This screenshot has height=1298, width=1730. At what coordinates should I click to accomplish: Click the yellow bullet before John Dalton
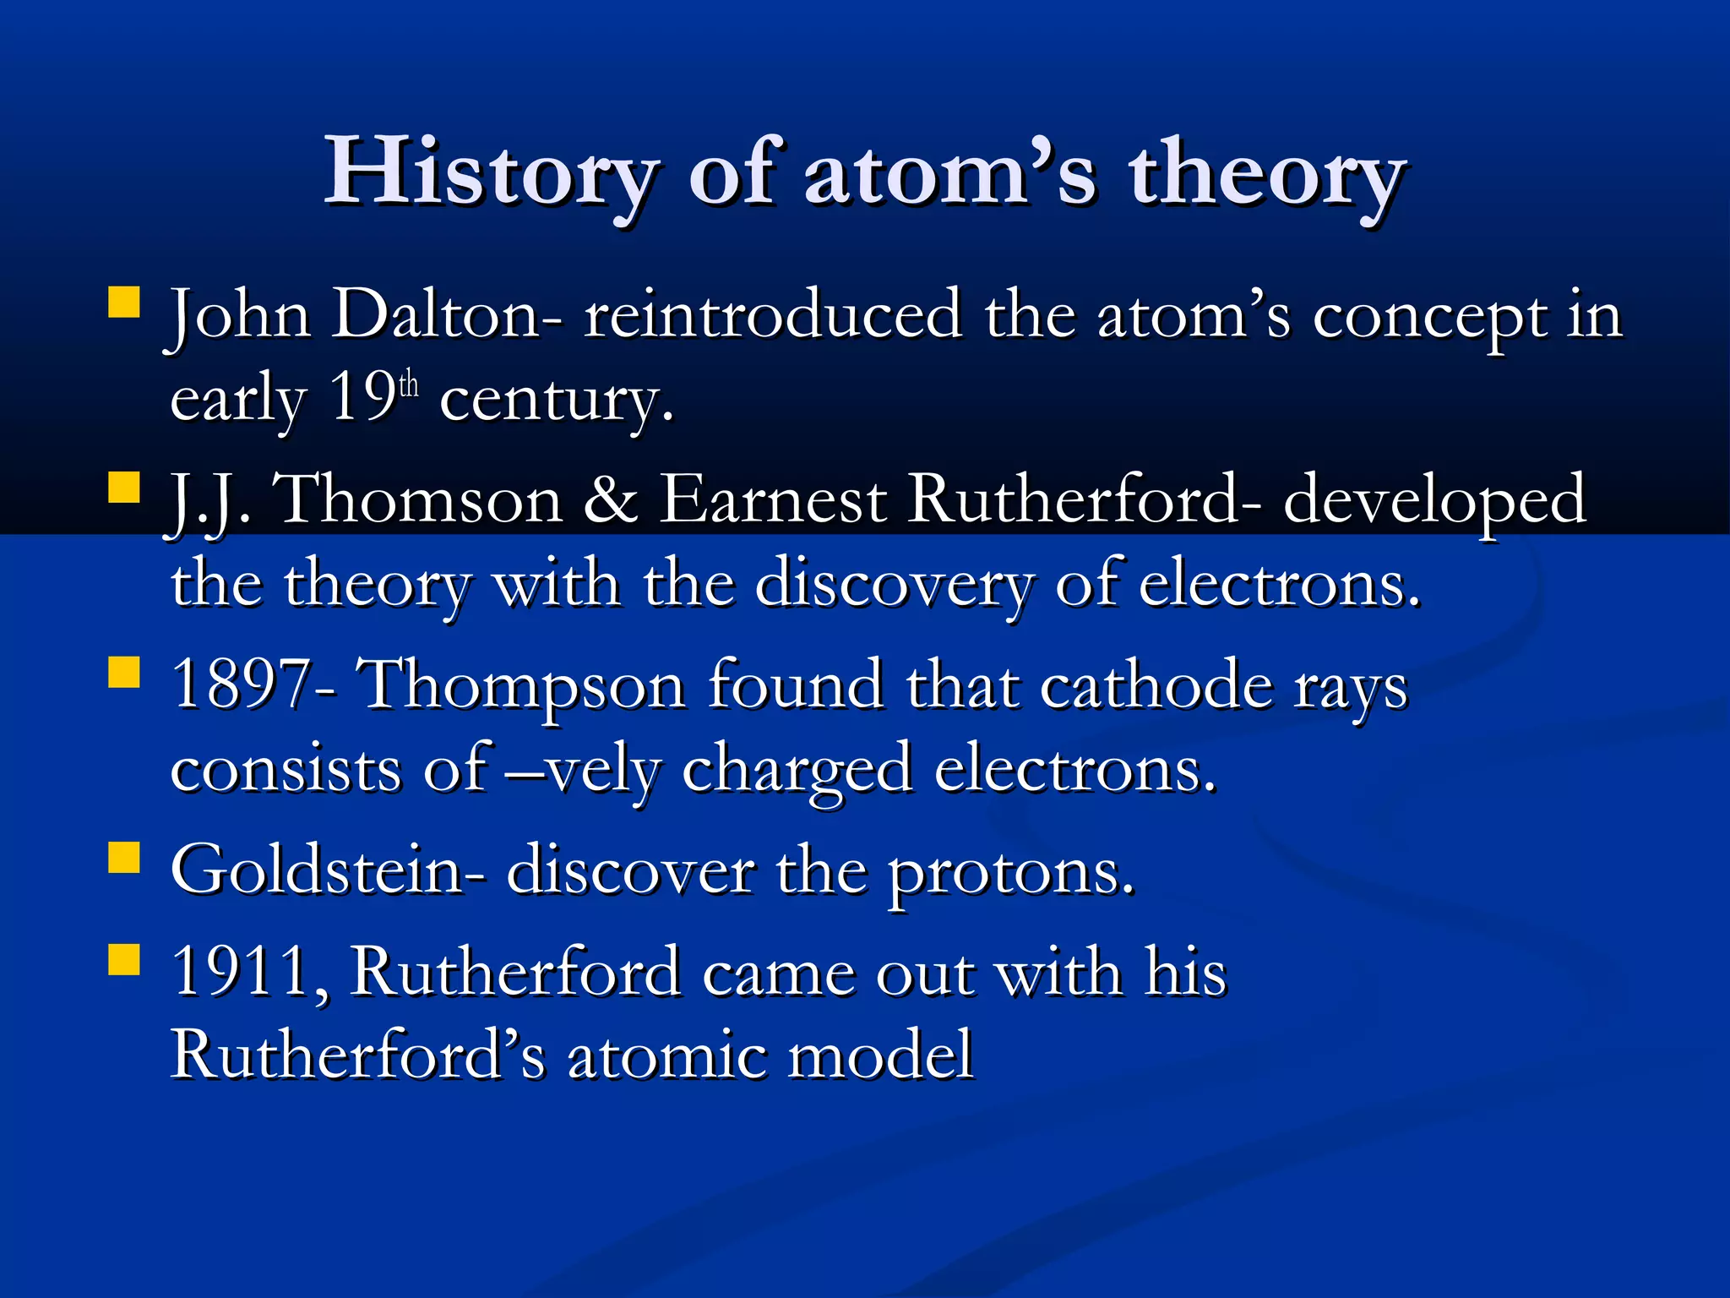pos(124,302)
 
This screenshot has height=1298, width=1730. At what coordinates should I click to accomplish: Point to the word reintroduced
pos(773,315)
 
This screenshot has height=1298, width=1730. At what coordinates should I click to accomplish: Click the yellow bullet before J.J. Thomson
pos(124,488)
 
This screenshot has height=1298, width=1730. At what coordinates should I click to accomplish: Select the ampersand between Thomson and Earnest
pos(610,499)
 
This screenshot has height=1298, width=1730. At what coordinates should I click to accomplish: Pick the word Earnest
pos(772,499)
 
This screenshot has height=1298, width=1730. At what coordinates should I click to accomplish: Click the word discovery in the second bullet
pos(894,585)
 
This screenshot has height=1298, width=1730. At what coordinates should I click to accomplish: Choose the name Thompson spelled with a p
pos(521,686)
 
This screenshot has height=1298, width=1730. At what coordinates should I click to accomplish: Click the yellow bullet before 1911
pos(124,960)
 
